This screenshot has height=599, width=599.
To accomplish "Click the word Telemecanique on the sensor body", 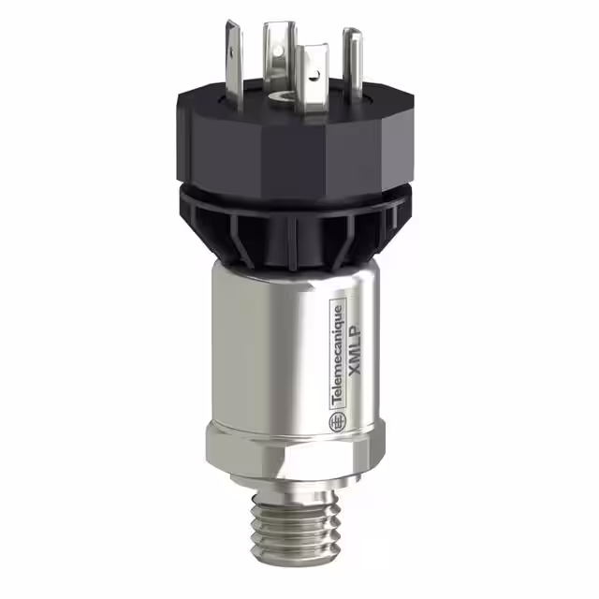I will pos(339,359).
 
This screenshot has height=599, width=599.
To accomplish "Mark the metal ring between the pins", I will pos(279,95).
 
